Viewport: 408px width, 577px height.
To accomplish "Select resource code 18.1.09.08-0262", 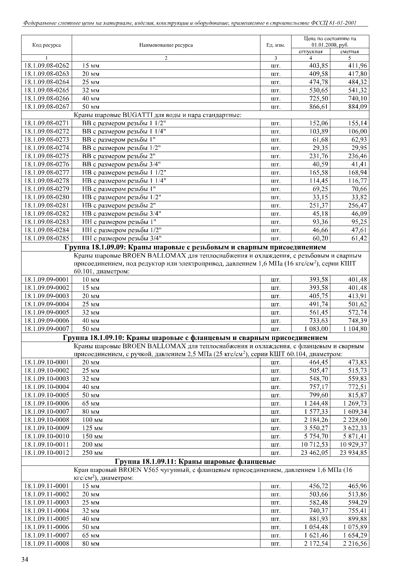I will pyautogui.click(x=47, y=66).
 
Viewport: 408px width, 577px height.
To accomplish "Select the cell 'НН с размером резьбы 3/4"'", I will pyautogui.click(x=122, y=238).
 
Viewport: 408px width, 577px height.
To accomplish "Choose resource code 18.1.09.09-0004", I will pyautogui.click(x=47, y=304).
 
